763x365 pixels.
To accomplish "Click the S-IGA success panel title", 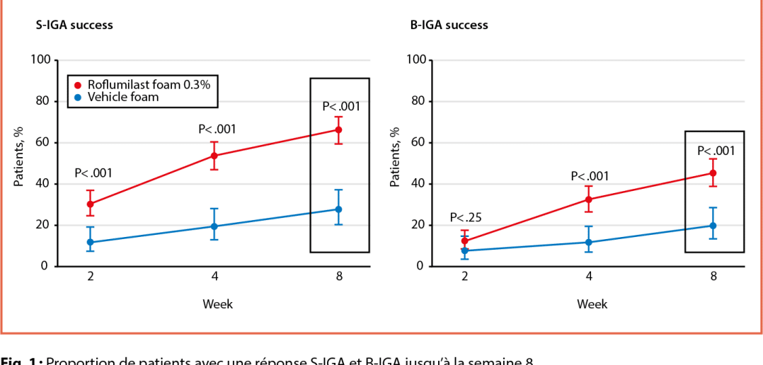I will tap(74, 25).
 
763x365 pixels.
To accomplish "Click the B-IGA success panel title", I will tap(449, 25).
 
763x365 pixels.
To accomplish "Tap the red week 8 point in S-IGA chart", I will tap(338, 129).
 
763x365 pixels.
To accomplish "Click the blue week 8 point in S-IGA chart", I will tap(338, 209).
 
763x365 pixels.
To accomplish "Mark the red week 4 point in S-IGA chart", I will tap(214, 156).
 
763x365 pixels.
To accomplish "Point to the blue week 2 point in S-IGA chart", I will tap(91, 243).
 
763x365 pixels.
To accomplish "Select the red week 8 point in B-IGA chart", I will tap(713, 173).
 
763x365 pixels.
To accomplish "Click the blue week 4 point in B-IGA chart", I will tap(589, 243).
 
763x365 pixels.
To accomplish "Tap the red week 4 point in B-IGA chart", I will tap(589, 199).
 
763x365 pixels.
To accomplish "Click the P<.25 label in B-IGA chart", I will tap(465, 218).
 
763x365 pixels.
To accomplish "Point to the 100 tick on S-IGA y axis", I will tap(41, 60).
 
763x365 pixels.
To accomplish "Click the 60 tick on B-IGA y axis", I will tap(418, 143).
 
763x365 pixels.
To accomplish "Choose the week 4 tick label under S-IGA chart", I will tap(214, 277).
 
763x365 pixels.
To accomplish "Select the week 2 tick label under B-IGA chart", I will tap(465, 277).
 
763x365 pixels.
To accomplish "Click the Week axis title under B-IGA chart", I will tap(592, 304).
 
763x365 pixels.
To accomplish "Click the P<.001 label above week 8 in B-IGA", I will tap(716, 151).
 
